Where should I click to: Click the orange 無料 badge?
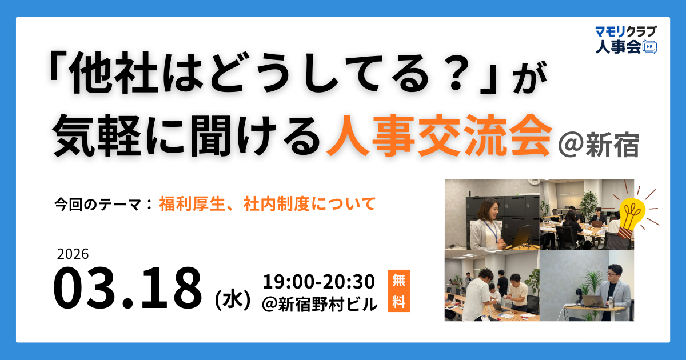[398, 291]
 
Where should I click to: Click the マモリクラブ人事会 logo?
[624, 39]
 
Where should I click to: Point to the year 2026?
[73, 254]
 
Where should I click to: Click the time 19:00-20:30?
[318, 282]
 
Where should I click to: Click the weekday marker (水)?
[231, 298]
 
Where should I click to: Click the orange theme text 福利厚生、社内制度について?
[268, 203]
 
